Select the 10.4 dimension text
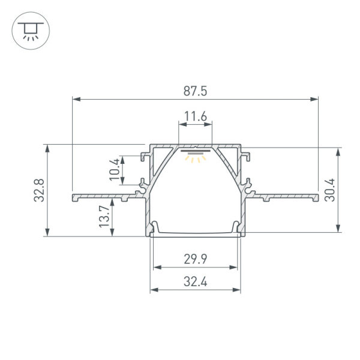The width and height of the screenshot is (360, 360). (114, 170)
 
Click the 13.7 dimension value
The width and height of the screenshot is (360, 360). (104, 217)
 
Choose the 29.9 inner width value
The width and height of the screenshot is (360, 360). (195, 259)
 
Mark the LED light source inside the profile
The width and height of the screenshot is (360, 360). (195, 157)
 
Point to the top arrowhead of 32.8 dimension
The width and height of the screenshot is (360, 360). (47, 146)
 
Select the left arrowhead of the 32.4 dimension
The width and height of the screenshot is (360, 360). (152, 290)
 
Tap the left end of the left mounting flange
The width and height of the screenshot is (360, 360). (73, 197)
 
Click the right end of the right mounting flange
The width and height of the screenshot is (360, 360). (317, 196)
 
